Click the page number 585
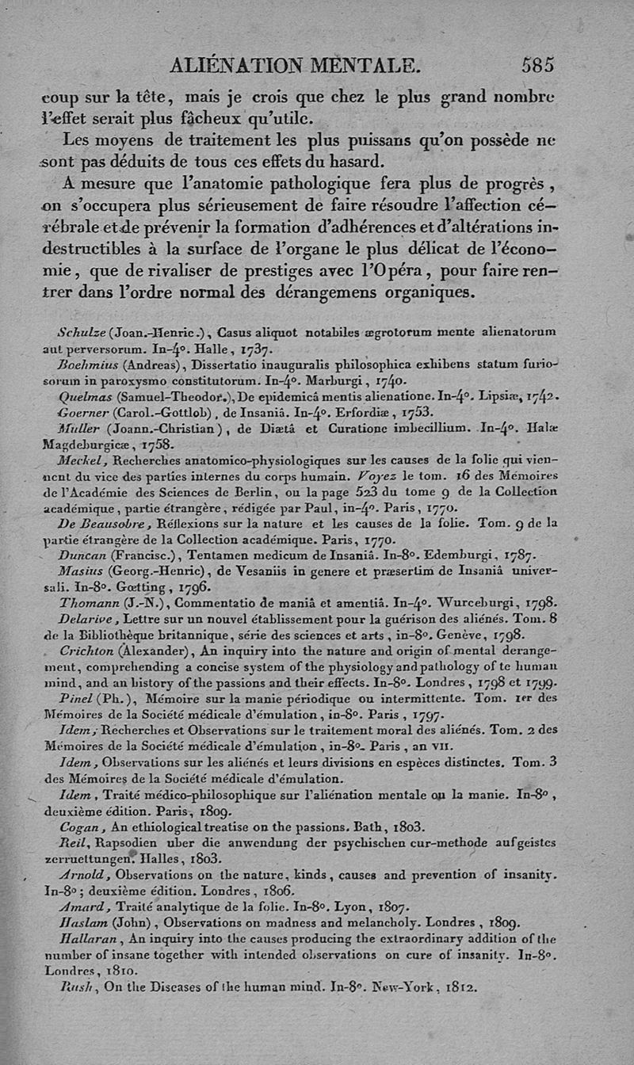[537, 64]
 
